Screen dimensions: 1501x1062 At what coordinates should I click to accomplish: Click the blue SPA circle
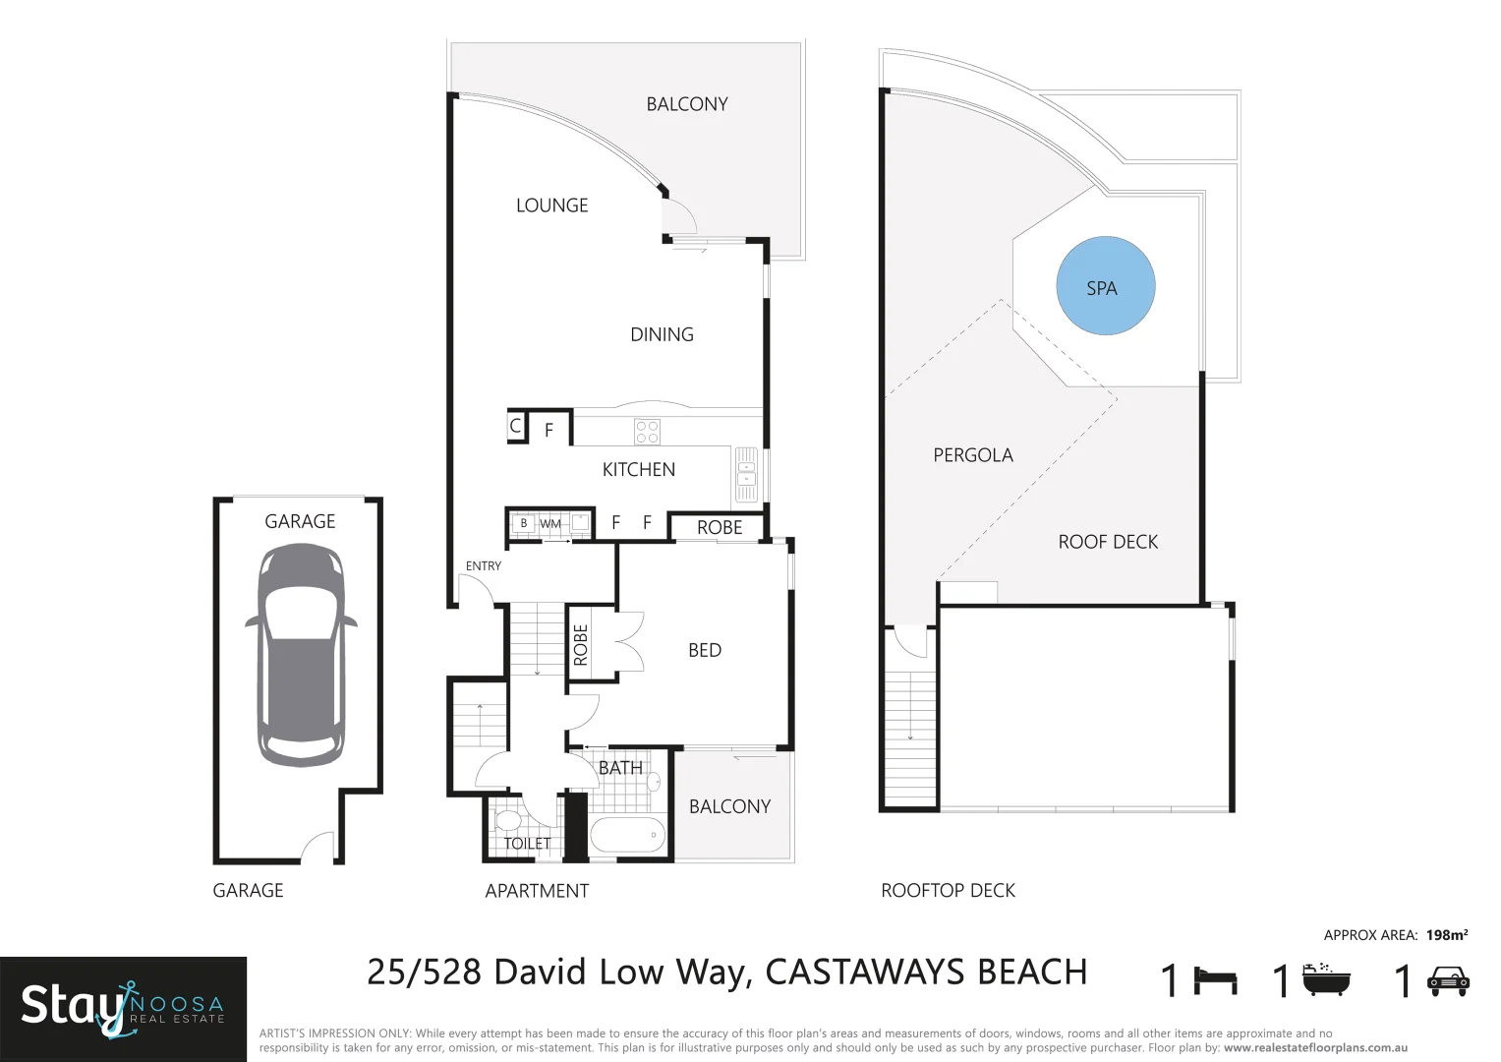[x=1105, y=286]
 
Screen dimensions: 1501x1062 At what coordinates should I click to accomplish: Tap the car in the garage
[x=301, y=655]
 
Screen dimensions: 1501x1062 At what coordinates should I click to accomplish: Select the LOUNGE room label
[x=551, y=206]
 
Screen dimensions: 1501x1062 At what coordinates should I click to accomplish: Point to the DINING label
[x=662, y=335]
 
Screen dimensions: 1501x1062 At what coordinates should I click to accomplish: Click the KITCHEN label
[x=638, y=470]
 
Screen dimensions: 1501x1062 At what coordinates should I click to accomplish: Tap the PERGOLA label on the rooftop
[x=972, y=455]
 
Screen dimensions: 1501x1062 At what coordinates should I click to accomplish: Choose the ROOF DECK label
[x=1108, y=542]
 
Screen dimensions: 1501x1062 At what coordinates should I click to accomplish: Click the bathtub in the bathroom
[x=627, y=836]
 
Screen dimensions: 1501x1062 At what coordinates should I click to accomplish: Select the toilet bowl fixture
[x=508, y=820]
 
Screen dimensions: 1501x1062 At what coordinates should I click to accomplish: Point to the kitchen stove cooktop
[x=647, y=432]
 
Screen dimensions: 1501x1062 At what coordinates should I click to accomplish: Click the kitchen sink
[x=746, y=474]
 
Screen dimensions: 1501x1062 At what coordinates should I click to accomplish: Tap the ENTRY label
[x=483, y=566]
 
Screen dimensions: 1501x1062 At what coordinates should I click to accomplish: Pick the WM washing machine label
[x=549, y=524]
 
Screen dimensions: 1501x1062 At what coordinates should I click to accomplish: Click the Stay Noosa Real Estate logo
[x=123, y=1007]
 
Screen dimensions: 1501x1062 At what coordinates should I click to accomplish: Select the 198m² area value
[x=1447, y=935]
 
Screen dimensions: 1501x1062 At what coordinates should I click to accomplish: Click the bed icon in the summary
[x=1215, y=981]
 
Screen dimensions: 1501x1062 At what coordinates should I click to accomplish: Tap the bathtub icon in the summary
[x=1326, y=980]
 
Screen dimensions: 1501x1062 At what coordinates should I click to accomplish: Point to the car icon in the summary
[x=1447, y=981]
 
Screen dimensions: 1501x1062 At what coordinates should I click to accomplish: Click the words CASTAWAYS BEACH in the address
[x=926, y=973]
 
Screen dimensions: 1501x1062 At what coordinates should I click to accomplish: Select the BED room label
[x=705, y=650]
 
